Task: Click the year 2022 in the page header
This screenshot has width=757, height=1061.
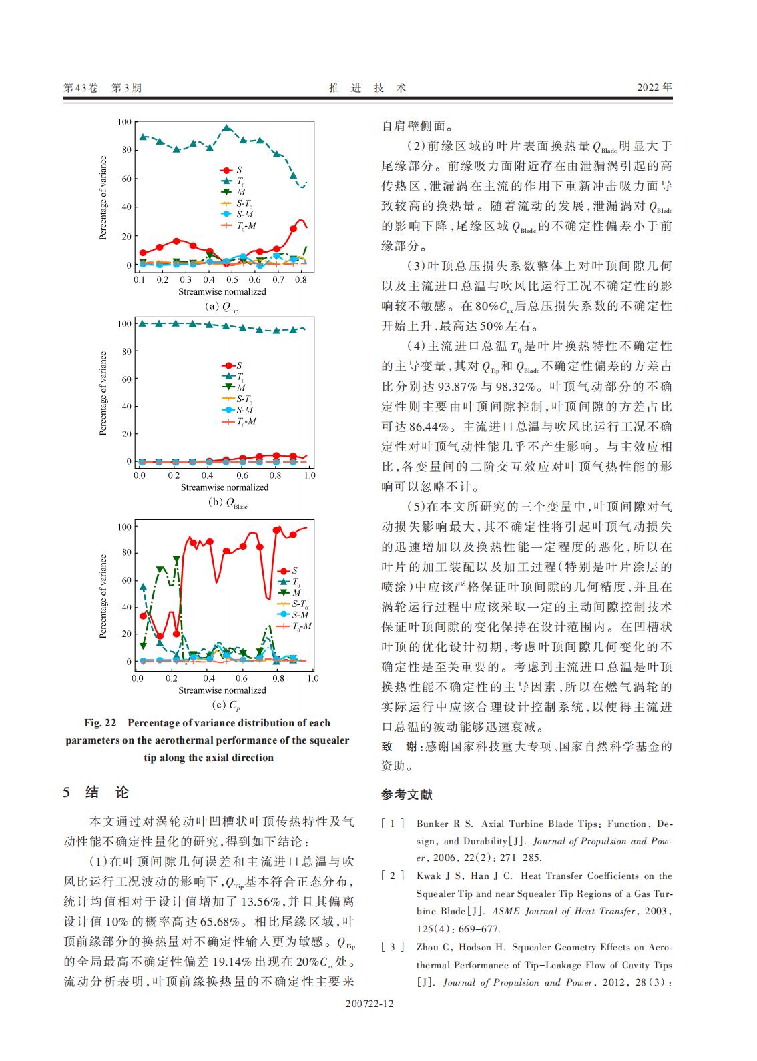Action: (x=654, y=87)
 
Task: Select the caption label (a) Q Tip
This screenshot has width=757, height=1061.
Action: (x=221, y=307)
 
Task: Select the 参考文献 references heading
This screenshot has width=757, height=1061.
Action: (x=407, y=794)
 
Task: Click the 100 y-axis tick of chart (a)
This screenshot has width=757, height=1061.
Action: (x=124, y=121)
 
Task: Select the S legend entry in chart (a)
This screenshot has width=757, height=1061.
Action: (x=239, y=171)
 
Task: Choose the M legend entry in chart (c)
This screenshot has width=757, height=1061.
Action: (x=297, y=592)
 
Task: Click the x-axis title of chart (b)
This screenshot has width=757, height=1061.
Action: (x=224, y=487)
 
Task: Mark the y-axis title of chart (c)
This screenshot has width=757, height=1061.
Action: (x=103, y=596)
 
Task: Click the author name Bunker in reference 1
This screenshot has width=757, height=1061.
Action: (x=432, y=824)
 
